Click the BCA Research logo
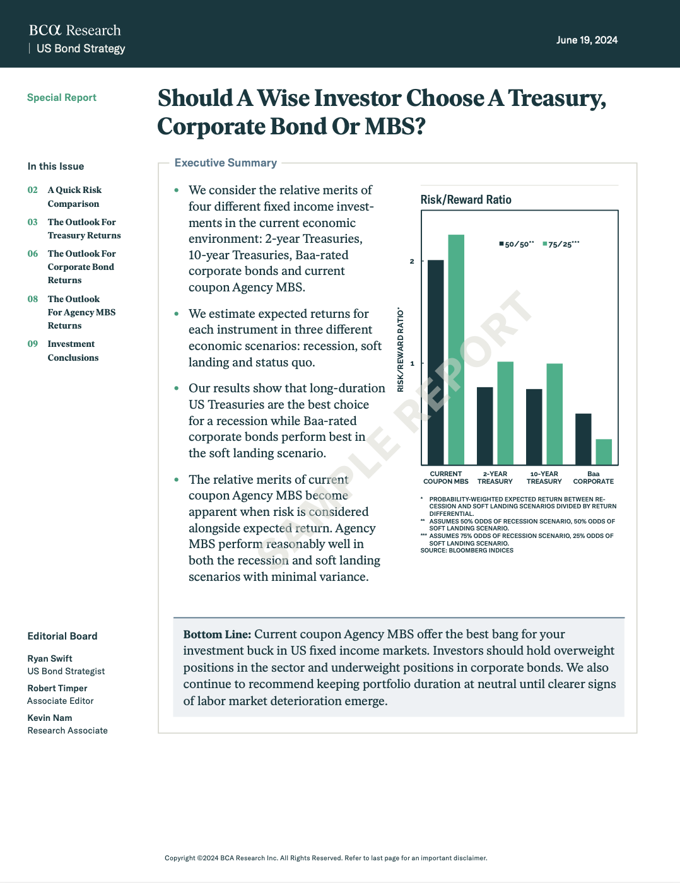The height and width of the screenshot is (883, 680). pos(74,30)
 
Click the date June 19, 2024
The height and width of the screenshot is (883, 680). pos(587,40)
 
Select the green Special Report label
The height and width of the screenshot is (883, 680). pos(62,98)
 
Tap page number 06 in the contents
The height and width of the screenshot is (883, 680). pos(33,254)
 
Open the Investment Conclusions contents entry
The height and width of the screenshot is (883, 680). pos(73,351)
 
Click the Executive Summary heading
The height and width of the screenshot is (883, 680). pos(226,163)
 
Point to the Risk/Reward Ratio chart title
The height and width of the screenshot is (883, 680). pos(466,200)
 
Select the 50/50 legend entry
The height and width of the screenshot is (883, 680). pos(517,244)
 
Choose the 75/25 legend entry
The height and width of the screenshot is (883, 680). pos(561,244)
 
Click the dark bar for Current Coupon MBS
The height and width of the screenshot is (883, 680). pos(435,363)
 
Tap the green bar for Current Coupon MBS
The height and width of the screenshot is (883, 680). pos(456,350)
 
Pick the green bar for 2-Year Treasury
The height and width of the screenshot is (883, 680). pos(505,413)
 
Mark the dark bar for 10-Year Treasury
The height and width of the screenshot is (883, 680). pos(534,427)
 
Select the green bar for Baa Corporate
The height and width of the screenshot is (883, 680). pos(604,452)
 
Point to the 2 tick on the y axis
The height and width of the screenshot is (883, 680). pos(412,261)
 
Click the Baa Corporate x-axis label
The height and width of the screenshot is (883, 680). pos(593,477)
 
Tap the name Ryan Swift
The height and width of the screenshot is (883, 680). pos(50,658)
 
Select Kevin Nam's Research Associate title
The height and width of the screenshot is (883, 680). pos(67,730)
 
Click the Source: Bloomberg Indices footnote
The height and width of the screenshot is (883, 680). pos(467,551)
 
